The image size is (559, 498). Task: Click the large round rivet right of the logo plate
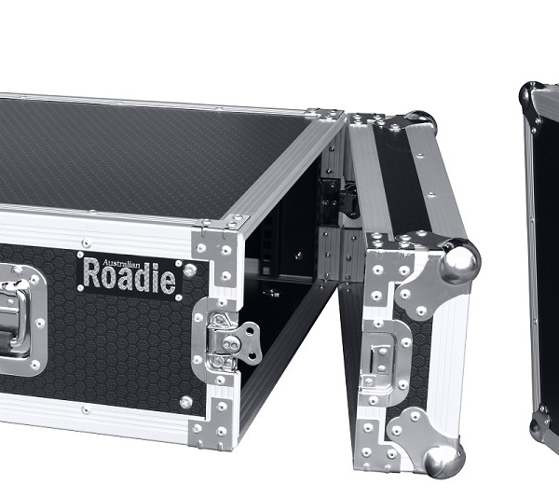click(x=190, y=270)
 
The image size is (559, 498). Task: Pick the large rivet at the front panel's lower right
click(x=185, y=402)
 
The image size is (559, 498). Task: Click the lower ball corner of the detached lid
click(x=444, y=461)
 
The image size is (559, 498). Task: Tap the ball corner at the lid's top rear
click(x=420, y=120)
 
